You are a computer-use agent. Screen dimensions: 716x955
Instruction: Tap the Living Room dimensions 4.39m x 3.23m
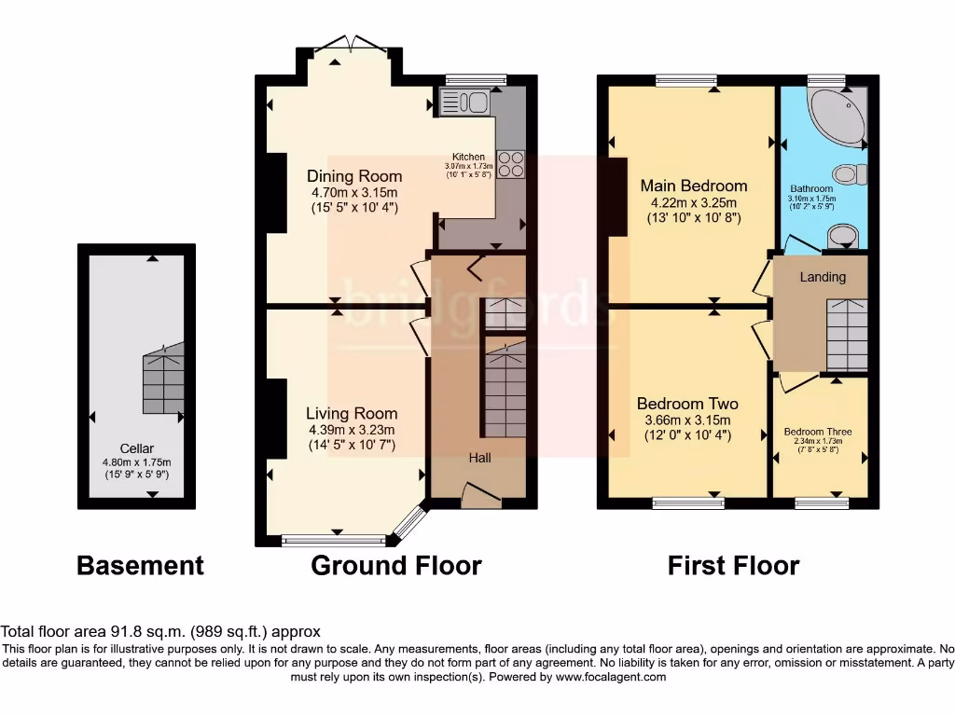point(353,430)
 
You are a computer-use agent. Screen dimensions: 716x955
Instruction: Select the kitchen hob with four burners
point(510,164)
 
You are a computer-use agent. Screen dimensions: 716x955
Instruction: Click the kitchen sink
point(464,102)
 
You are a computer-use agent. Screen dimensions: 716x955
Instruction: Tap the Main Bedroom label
point(693,186)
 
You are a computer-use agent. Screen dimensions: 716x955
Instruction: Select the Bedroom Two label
point(687,404)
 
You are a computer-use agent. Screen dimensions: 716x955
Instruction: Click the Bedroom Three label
point(817,432)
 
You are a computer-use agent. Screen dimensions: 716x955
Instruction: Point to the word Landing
point(823,277)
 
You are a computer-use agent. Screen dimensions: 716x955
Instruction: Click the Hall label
point(479,458)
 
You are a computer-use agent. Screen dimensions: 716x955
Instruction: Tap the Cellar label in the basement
point(136,448)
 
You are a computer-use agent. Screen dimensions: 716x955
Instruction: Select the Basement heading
point(140,565)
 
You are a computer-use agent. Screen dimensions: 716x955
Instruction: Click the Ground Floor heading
point(395,565)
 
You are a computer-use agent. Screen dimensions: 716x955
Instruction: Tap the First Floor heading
point(733,565)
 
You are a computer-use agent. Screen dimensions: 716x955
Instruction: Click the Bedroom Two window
point(688,504)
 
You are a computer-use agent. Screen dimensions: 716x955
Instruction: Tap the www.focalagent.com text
point(610,677)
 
